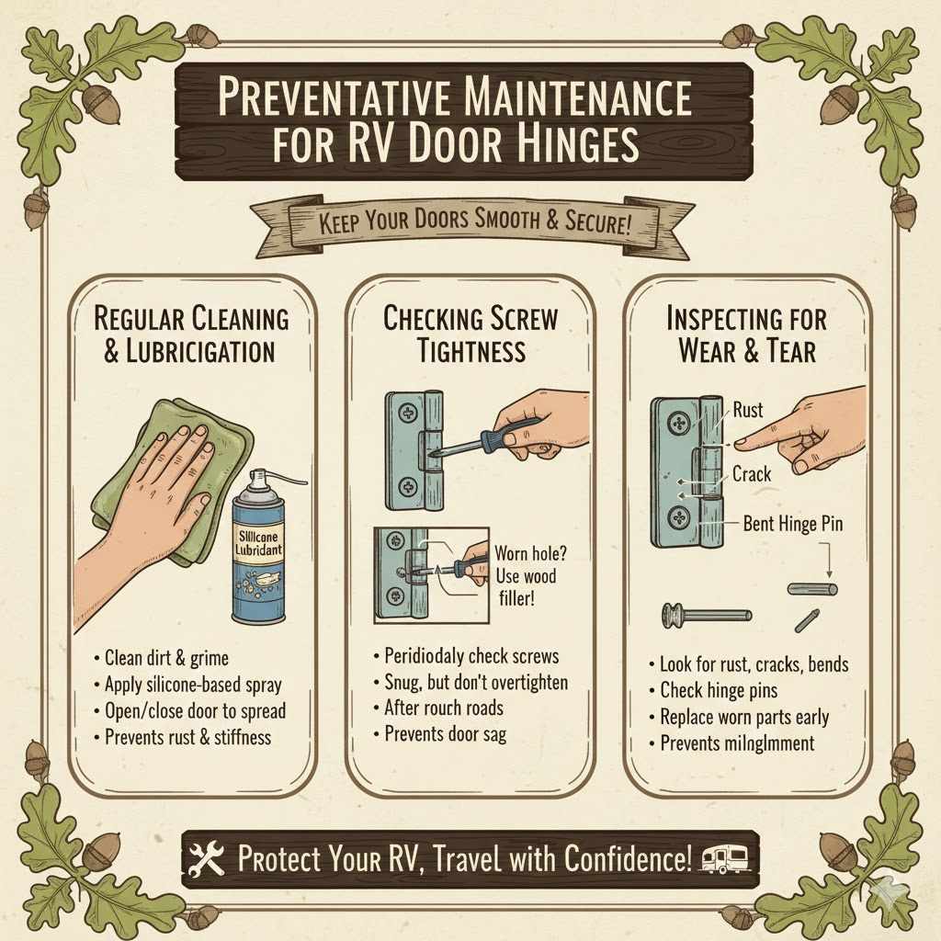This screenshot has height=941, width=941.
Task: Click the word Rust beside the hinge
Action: pos(747,410)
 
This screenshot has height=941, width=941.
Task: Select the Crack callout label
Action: pos(752,474)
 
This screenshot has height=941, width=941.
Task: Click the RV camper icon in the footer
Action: pos(724,860)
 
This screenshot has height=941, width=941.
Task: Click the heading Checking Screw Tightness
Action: pos(470,334)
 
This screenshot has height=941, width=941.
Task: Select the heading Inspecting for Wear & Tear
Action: pos(746,334)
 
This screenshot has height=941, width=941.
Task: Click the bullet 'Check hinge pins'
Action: pos(720,690)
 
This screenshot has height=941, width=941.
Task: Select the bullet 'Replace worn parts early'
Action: pos(744,717)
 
